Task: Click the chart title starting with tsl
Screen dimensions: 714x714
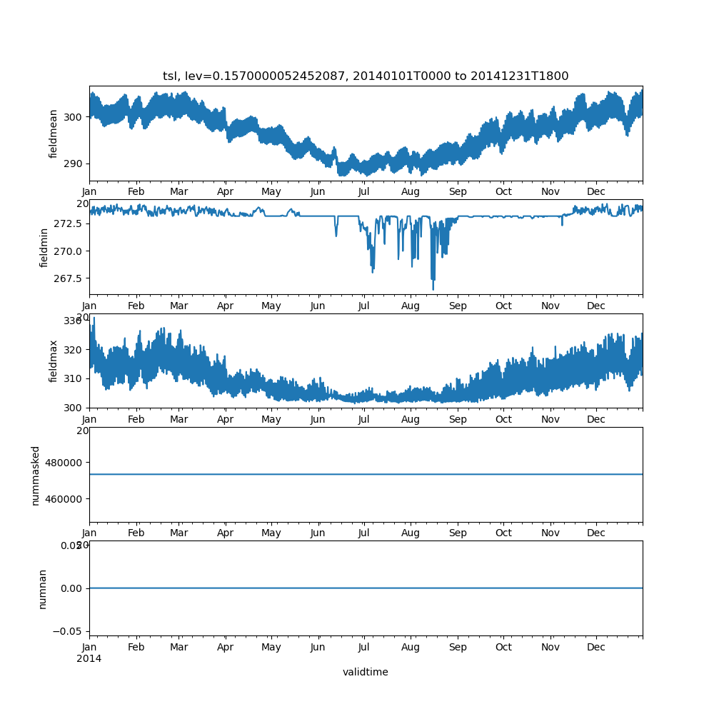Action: point(366,76)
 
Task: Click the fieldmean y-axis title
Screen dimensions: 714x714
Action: point(54,134)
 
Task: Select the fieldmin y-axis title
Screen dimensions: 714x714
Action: point(44,247)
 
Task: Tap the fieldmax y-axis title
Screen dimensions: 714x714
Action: point(54,361)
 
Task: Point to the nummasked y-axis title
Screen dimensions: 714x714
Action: point(35,475)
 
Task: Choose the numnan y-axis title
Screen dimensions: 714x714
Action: point(42,588)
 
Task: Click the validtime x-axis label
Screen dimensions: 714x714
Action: point(366,672)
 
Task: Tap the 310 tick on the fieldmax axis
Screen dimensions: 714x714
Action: point(74,378)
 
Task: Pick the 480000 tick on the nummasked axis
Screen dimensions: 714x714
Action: point(63,462)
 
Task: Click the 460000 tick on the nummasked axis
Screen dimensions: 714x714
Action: point(63,498)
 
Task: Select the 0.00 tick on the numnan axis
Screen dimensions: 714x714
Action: point(71,588)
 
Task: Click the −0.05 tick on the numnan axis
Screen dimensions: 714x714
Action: point(69,631)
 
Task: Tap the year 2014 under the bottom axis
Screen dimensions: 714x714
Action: point(89,658)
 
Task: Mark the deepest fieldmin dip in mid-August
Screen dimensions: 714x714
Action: point(433,289)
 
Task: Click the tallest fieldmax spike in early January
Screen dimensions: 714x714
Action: point(94,318)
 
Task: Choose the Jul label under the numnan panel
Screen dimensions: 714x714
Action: point(364,648)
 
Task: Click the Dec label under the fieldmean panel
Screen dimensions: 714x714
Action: point(596,191)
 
